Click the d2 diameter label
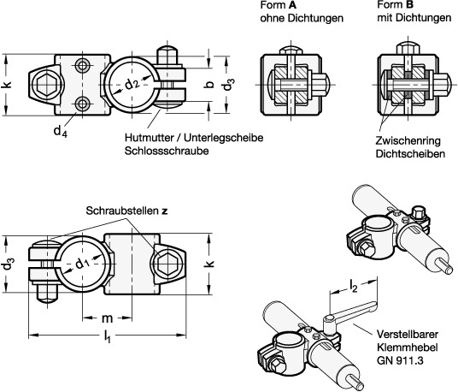click(132, 84)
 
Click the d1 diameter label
click(82, 264)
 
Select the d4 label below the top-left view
click(61, 131)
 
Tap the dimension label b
click(209, 85)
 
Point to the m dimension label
click(107, 318)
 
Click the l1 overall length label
click(108, 336)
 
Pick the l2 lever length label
click(354, 287)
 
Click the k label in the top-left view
click(7, 84)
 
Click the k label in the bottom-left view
click(210, 263)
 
